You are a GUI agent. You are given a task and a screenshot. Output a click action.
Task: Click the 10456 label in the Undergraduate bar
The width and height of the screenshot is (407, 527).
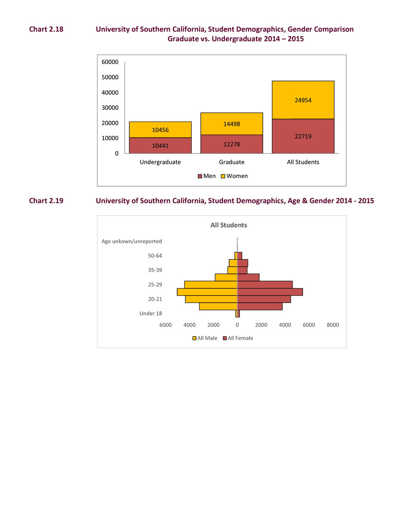(x=160, y=130)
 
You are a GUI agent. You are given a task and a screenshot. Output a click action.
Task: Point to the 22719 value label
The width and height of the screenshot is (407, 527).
(x=303, y=136)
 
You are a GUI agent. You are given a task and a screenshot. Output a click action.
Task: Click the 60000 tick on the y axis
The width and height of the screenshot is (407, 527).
(x=110, y=62)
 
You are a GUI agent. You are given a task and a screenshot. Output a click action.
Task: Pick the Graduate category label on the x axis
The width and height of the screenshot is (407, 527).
(x=232, y=162)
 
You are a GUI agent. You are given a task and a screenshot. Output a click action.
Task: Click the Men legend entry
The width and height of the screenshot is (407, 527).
(x=207, y=176)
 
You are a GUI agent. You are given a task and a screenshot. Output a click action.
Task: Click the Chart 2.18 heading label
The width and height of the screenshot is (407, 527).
(x=46, y=29)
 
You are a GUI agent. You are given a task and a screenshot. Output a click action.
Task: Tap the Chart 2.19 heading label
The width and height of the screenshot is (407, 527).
(x=46, y=201)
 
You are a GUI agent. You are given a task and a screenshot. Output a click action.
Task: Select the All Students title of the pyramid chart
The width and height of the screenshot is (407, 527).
(x=229, y=225)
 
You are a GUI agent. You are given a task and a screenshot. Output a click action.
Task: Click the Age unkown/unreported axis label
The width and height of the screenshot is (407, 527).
(x=132, y=241)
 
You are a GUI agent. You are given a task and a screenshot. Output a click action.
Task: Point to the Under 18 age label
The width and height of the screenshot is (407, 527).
(x=150, y=313)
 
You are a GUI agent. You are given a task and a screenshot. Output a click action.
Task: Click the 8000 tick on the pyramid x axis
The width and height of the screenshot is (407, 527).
(x=333, y=325)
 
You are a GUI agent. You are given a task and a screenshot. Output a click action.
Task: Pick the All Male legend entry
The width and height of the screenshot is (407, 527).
(x=205, y=338)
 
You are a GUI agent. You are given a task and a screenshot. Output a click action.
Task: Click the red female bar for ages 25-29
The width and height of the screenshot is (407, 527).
(x=265, y=285)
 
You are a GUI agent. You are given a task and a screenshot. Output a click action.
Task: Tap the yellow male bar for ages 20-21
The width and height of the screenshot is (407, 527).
(x=211, y=299)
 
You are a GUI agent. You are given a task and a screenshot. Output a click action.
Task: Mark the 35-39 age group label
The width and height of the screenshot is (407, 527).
(x=155, y=270)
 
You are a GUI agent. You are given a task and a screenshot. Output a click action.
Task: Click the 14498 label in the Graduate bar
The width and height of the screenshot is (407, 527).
(x=232, y=124)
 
